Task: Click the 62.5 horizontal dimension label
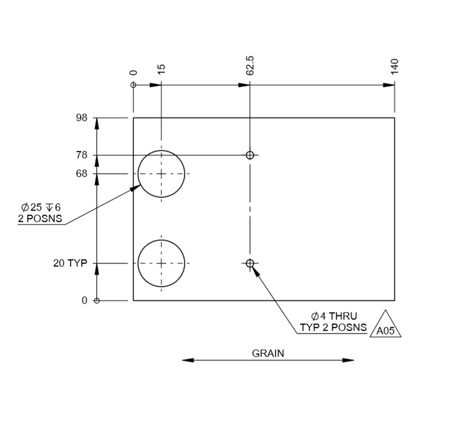250,65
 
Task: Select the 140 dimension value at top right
394,66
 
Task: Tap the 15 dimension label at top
161,69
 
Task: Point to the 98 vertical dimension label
82,118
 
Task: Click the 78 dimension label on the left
82,155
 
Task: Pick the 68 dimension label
82,174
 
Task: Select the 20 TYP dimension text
71,263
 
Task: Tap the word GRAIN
268,354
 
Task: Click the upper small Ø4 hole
250,155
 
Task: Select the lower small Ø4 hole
250,263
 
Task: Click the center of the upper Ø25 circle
161,174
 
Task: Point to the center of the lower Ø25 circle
161,263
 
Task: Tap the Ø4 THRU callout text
334,316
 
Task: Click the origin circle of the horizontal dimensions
133,85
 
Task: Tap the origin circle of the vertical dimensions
96,301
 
